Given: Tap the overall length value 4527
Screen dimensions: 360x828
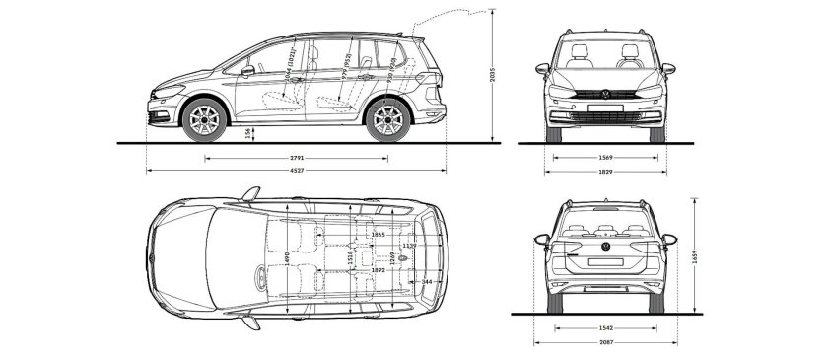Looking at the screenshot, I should pyautogui.click(x=296, y=171).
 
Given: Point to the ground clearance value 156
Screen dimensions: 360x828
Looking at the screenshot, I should pyautogui.click(x=246, y=134).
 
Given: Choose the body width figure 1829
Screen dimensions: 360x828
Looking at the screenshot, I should pyautogui.click(x=606, y=171).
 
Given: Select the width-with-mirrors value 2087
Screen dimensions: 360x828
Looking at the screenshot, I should pyautogui.click(x=606, y=343).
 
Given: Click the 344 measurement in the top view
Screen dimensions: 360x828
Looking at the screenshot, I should pyautogui.click(x=426, y=282).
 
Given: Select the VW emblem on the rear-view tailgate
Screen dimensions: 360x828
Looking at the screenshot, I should pyautogui.click(x=606, y=251).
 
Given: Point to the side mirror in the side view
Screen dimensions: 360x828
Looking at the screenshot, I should pyautogui.click(x=247, y=70).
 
